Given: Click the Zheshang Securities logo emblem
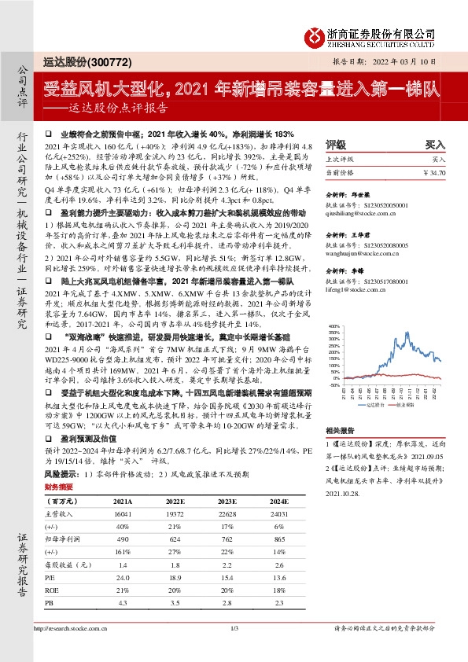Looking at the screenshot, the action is point(316,35).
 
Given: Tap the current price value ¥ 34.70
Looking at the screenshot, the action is point(434,171).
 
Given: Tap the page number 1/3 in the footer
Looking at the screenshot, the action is point(234,649).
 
